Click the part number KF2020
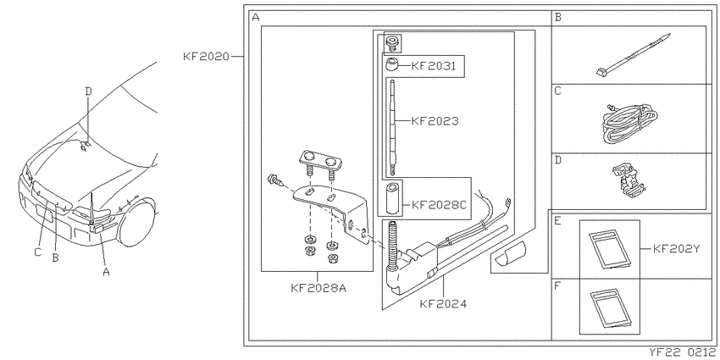[206, 57]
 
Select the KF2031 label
[433, 66]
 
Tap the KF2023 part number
[435, 121]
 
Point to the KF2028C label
[439, 204]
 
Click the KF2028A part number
[318, 288]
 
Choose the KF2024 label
[443, 303]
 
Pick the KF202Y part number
[676, 249]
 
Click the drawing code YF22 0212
[684, 352]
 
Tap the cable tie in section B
[634, 55]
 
